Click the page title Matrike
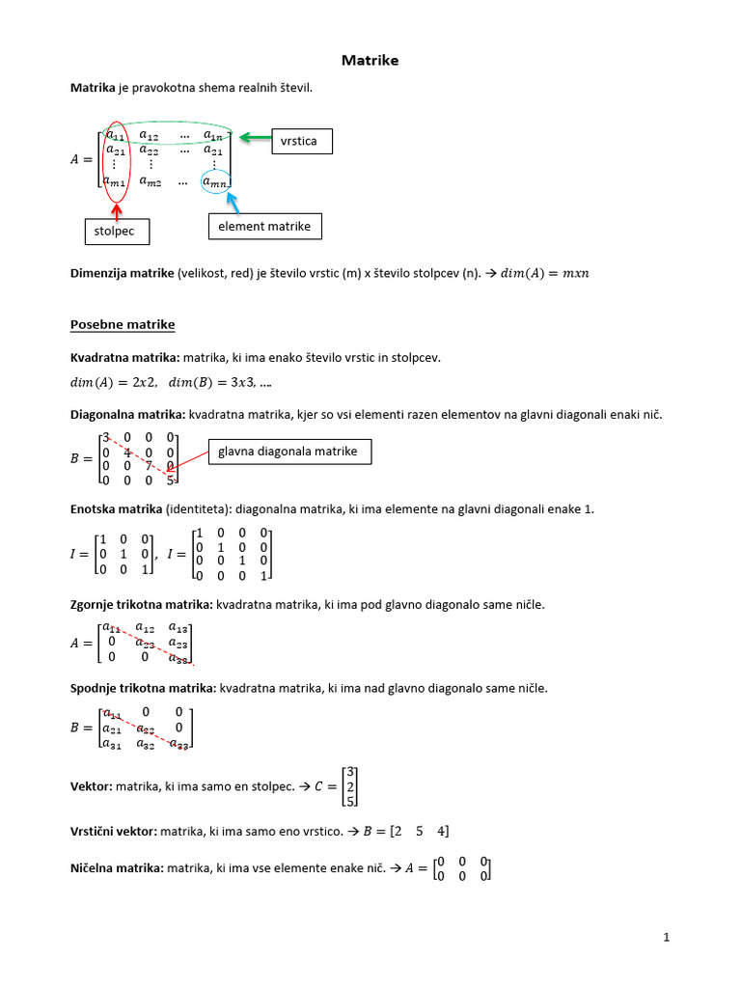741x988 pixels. click(x=370, y=61)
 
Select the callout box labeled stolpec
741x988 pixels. click(x=116, y=233)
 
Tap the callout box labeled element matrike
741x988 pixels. click(x=264, y=226)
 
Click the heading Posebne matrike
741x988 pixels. click(x=123, y=323)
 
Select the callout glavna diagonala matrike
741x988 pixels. click(x=288, y=452)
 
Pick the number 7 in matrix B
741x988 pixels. click(x=149, y=465)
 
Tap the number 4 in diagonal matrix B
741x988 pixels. click(x=126, y=452)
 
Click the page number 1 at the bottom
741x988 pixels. click(x=666, y=937)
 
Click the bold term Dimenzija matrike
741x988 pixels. click(x=122, y=273)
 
